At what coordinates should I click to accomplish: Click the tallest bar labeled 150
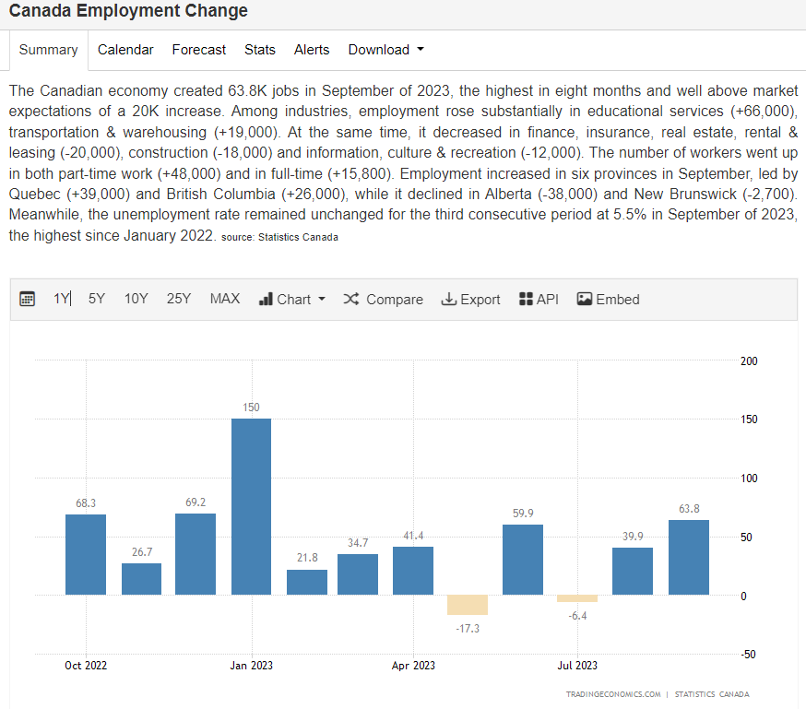251,506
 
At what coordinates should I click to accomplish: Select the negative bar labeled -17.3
468,605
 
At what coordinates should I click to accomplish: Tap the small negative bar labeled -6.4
577,598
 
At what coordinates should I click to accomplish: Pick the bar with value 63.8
688,557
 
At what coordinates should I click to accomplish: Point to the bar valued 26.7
141,578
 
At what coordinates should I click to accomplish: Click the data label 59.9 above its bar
523,514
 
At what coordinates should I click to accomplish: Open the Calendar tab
125,50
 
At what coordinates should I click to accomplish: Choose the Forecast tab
198,50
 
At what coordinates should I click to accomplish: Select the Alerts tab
312,50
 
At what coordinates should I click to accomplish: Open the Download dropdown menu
385,50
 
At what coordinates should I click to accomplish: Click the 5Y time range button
97,299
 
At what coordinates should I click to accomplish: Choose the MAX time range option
224,299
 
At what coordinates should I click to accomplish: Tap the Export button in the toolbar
470,300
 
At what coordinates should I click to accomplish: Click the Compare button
383,300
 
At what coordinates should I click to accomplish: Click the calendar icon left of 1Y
28,299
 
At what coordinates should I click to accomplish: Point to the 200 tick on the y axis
749,360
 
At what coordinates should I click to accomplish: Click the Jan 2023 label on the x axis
251,665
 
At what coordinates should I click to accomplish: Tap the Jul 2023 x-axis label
577,665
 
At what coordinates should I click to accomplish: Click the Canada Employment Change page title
128,11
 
